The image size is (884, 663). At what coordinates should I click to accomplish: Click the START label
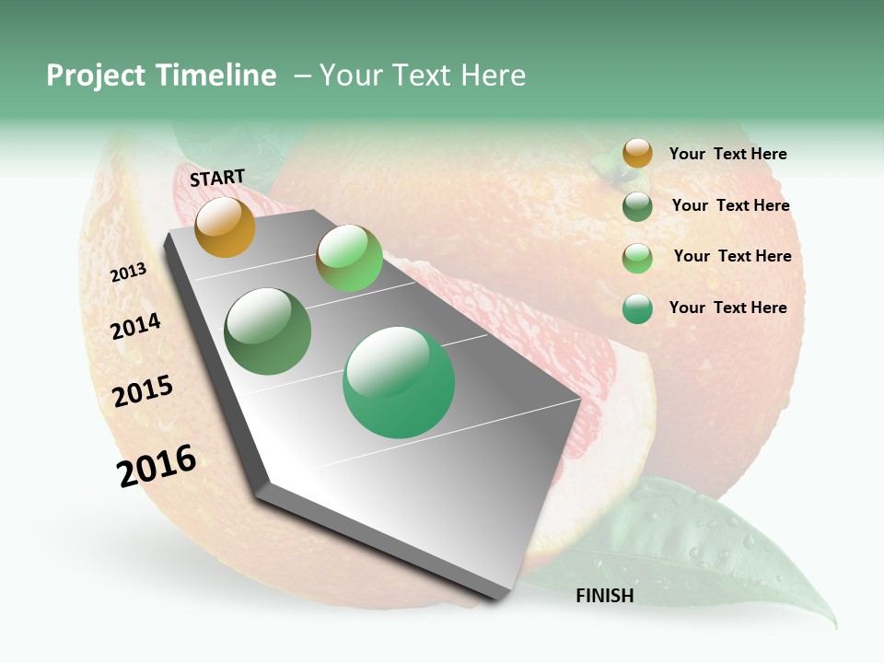click(217, 178)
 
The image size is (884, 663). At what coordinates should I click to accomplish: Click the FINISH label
click(604, 596)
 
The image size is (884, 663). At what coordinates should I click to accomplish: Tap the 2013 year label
click(128, 273)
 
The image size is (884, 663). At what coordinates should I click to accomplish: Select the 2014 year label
click(135, 326)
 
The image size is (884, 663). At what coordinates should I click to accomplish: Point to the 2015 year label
click(142, 391)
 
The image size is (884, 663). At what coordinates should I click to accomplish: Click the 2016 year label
click(157, 466)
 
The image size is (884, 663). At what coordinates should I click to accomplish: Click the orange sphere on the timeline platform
click(225, 227)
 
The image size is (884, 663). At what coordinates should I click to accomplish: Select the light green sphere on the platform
click(349, 258)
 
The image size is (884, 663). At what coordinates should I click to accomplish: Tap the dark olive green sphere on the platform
click(267, 331)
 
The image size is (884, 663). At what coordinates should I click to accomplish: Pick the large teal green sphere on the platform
click(399, 382)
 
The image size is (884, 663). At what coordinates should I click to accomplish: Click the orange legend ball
click(637, 154)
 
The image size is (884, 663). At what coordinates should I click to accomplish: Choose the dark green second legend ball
click(637, 206)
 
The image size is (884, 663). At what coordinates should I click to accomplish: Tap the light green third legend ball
click(637, 258)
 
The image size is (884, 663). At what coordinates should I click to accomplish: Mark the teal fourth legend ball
click(637, 308)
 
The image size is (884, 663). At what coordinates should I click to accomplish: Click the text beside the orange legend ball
click(727, 154)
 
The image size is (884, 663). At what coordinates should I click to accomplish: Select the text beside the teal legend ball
click(727, 308)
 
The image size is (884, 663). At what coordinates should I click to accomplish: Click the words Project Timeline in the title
click(161, 76)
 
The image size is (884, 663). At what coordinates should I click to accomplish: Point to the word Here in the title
click(493, 76)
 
